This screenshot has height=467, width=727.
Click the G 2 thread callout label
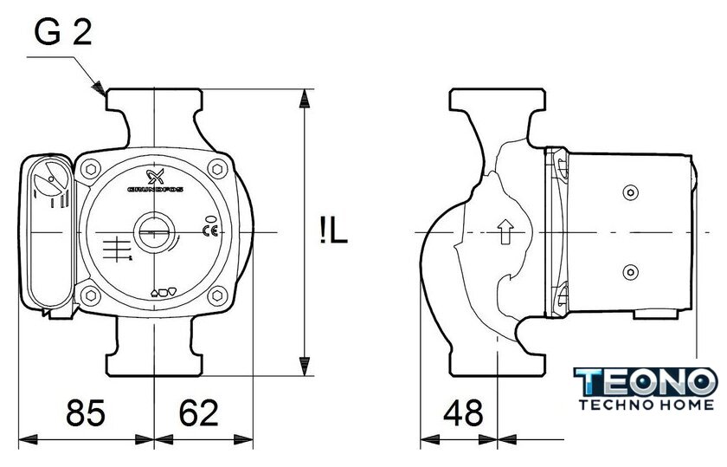[63, 32]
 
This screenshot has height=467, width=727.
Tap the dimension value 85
[86, 412]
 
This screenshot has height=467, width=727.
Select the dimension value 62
[198, 412]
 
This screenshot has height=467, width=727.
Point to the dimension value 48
[463, 412]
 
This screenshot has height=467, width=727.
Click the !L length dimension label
[333, 231]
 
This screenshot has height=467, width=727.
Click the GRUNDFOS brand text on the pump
[155, 190]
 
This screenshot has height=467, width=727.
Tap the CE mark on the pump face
[210, 230]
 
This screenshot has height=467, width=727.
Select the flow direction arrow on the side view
[505, 231]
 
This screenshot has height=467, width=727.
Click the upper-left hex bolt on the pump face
[91, 168]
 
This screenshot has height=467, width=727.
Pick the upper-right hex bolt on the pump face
[217, 168]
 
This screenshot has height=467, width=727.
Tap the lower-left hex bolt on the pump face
[91, 295]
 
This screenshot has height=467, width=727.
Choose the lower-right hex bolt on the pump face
[217, 295]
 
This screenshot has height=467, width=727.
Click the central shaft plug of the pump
[154, 231]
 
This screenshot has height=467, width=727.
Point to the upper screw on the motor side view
[630, 192]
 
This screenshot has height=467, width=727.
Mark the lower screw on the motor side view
[630, 272]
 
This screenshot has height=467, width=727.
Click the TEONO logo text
[646, 382]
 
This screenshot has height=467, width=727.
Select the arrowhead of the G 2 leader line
[99, 88]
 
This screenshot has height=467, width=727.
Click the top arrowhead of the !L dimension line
[304, 99]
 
